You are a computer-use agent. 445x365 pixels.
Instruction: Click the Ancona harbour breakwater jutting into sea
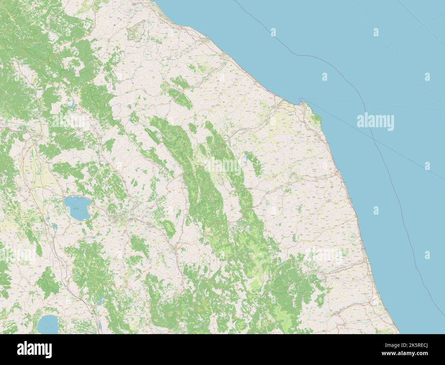coord(301,100)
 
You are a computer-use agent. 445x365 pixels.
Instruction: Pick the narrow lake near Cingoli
coord(246,159)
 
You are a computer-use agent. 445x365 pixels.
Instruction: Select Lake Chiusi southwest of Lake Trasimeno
coord(54,226)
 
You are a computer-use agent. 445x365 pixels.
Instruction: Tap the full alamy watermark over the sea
coord(376,121)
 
